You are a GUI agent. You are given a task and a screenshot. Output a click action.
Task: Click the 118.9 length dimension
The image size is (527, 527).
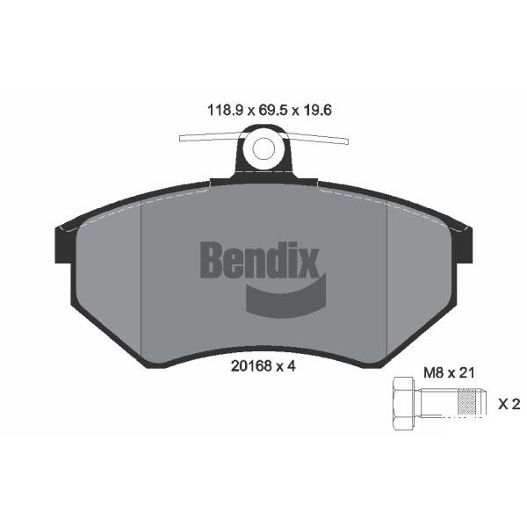coord(225,111)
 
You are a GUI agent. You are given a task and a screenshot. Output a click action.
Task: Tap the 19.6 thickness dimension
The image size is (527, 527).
coord(318,111)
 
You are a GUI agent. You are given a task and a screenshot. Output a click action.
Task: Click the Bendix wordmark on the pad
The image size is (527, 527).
coord(259,260)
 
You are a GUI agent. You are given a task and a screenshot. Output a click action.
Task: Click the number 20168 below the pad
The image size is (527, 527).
coord(251,366)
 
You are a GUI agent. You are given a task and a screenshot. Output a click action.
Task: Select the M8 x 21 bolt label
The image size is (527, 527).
coord(449,372)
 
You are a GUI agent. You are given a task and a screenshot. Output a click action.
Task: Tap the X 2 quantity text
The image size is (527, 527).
coord(509,404)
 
